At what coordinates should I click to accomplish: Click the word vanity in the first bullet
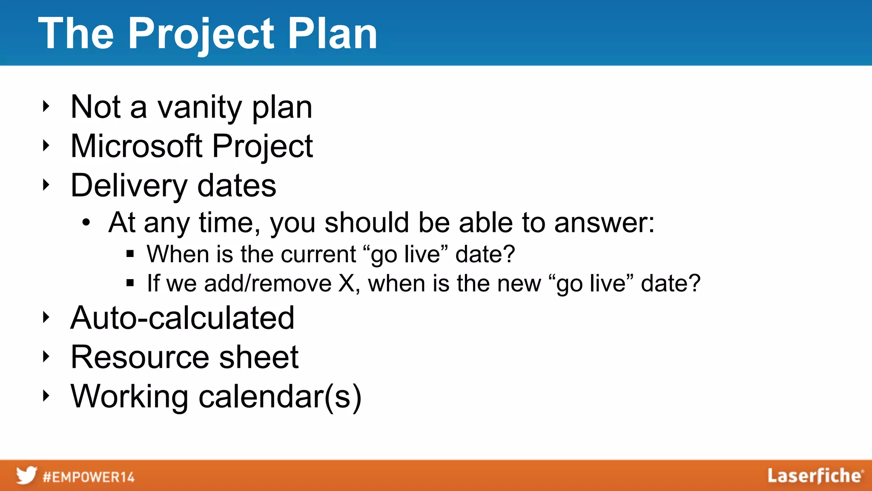(x=199, y=107)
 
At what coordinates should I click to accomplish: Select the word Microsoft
(x=136, y=146)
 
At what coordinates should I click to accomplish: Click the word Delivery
(x=129, y=186)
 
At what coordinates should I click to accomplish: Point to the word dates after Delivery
(x=237, y=186)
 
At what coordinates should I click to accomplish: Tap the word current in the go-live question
(x=318, y=254)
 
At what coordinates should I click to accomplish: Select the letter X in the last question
(x=346, y=283)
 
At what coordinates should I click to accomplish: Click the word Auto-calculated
(x=182, y=318)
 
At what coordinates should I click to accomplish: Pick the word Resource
(x=140, y=357)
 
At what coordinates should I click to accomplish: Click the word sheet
(x=258, y=357)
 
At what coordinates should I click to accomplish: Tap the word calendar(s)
(x=280, y=397)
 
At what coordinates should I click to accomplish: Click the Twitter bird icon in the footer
(x=26, y=475)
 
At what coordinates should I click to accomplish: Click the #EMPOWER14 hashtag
(x=89, y=477)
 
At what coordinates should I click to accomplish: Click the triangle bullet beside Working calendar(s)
(x=46, y=396)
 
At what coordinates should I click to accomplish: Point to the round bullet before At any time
(x=86, y=222)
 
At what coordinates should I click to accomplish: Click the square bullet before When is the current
(x=130, y=254)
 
